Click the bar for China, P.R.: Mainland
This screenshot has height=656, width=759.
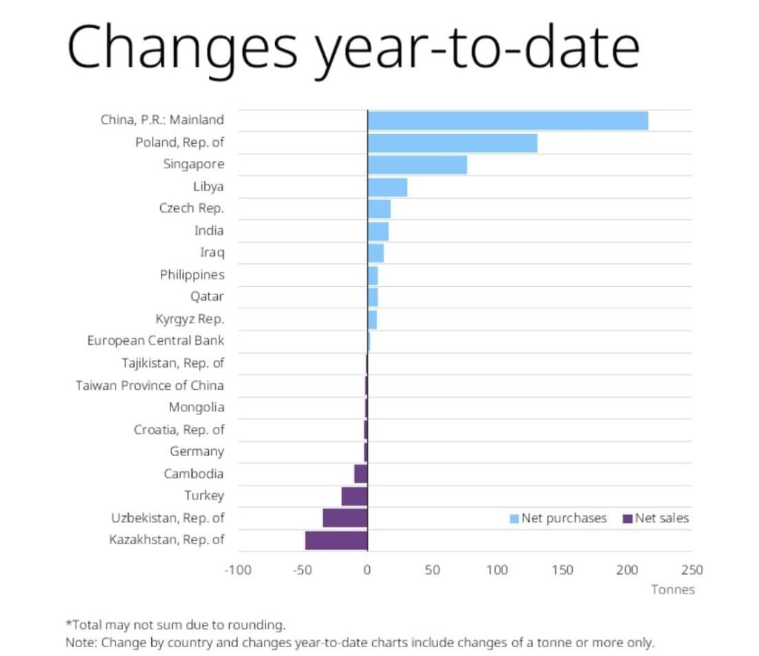(x=508, y=121)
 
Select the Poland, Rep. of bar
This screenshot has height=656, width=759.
(x=452, y=143)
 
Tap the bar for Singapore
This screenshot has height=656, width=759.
(x=417, y=165)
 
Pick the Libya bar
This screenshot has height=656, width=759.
(x=387, y=187)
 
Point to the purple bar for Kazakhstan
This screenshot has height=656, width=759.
(x=336, y=540)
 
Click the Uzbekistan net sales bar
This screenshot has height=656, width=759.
(x=345, y=518)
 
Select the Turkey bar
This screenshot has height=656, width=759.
(x=354, y=496)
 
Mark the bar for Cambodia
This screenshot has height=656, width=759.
(x=360, y=474)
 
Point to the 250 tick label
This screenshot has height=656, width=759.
(x=692, y=570)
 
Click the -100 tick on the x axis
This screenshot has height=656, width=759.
(x=236, y=570)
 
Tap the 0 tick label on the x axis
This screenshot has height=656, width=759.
(x=367, y=570)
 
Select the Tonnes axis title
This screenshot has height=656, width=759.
(x=673, y=590)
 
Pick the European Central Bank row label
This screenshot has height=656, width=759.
(x=156, y=341)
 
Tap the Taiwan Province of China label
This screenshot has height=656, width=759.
(x=150, y=385)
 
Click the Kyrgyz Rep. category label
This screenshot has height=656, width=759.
(x=190, y=319)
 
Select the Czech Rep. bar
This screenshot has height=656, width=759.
(x=379, y=209)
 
